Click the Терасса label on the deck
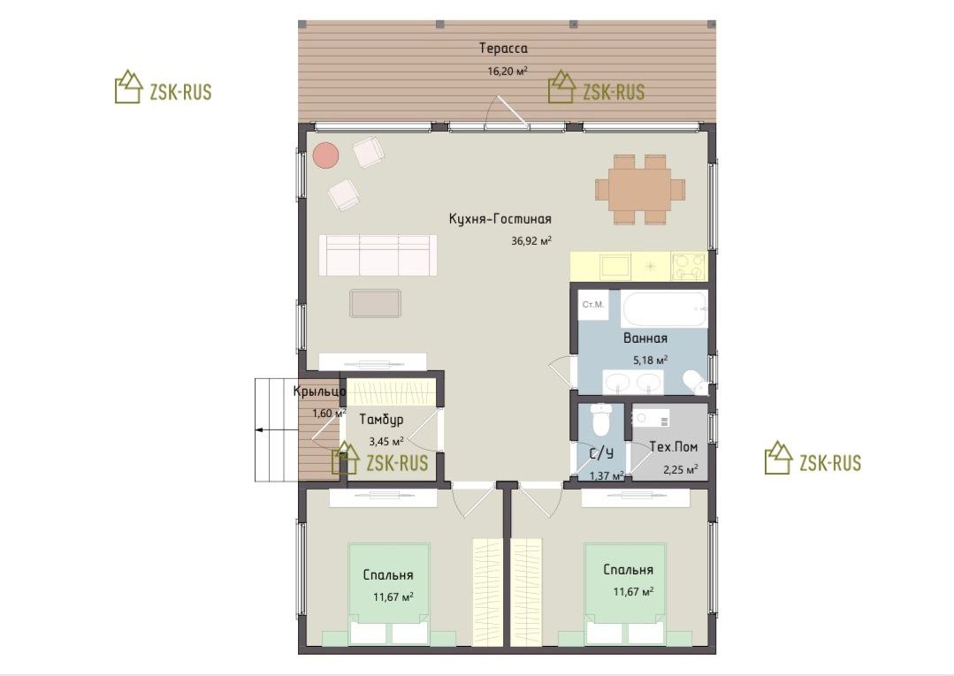(x=503, y=48)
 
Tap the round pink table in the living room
(x=325, y=155)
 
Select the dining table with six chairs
(x=640, y=189)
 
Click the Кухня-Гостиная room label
(x=500, y=219)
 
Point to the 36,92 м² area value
(x=531, y=240)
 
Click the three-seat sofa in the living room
(x=378, y=255)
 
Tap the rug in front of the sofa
(x=376, y=303)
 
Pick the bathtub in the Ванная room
(x=665, y=309)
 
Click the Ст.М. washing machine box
(x=593, y=305)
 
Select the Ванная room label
(x=645, y=338)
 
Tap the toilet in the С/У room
(x=600, y=420)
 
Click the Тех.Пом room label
(x=674, y=447)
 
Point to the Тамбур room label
(x=381, y=420)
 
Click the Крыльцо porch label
(x=319, y=391)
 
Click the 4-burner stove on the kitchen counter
(x=688, y=266)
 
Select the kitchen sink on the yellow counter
(x=615, y=266)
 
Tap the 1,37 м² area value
(x=607, y=476)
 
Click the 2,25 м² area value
(x=680, y=469)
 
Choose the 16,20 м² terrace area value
(x=508, y=71)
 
